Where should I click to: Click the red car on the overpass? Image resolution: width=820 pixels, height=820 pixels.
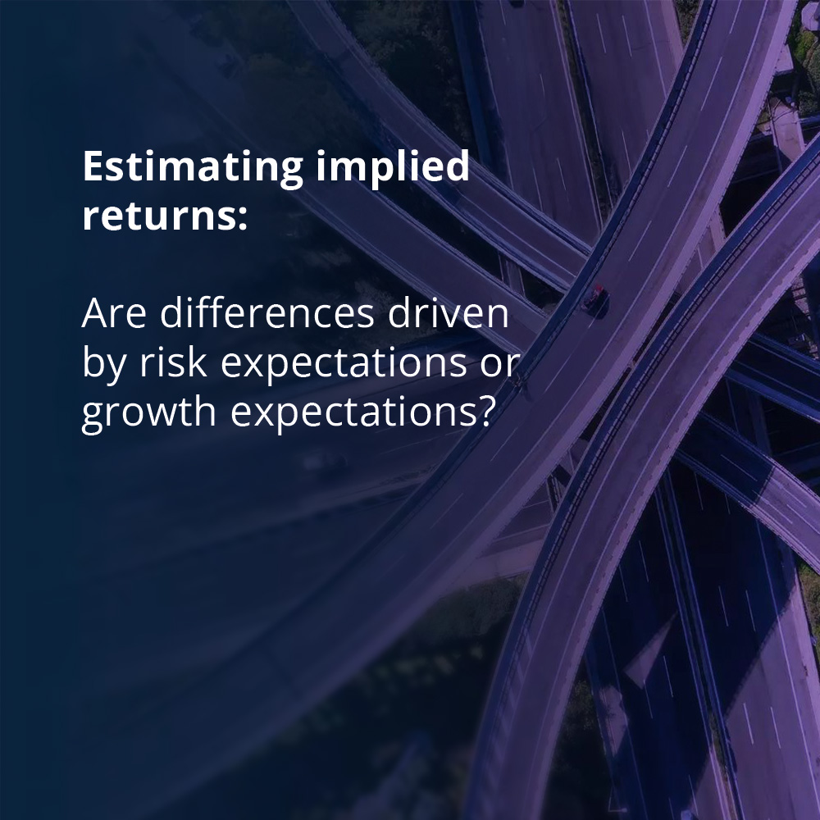tap(598, 293)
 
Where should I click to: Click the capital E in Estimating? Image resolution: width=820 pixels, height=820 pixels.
tap(93, 168)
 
